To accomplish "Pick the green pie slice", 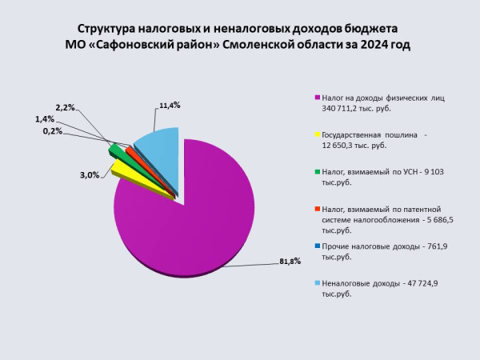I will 117,150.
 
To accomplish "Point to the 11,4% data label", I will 169,105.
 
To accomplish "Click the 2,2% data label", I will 65,107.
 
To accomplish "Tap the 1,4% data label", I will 45,118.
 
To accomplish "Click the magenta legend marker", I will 318,98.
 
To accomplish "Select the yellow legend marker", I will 318,134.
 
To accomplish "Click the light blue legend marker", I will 318,283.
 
